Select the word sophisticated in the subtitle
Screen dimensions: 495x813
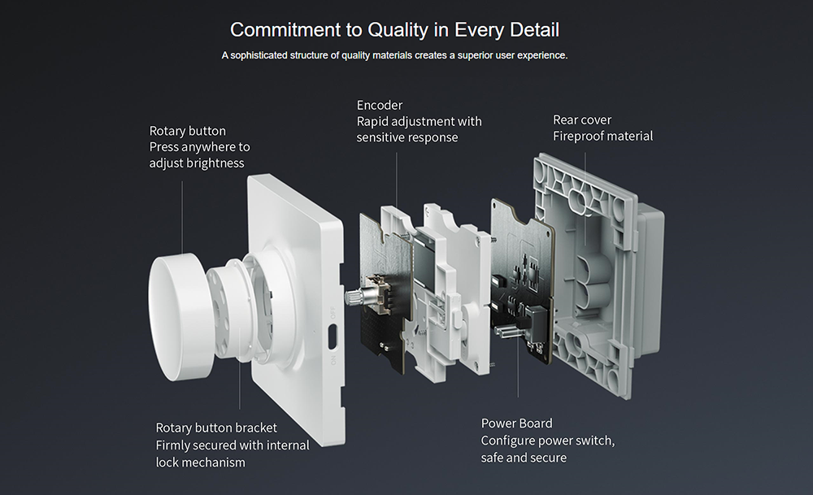click(264, 55)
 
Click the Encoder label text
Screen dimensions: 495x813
click(379, 105)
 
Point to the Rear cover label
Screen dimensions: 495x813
click(582, 119)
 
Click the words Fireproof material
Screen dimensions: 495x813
click(602, 136)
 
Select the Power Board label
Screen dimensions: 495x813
click(516, 423)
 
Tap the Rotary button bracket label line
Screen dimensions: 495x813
click(216, 428)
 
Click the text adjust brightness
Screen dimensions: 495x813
click(197, 163)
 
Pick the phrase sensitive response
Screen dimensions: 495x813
click(406, 137)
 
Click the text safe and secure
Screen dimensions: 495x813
click(524, 457)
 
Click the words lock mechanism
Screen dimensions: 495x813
click(200, 462)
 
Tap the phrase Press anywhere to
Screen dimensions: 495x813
click(199, 146)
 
